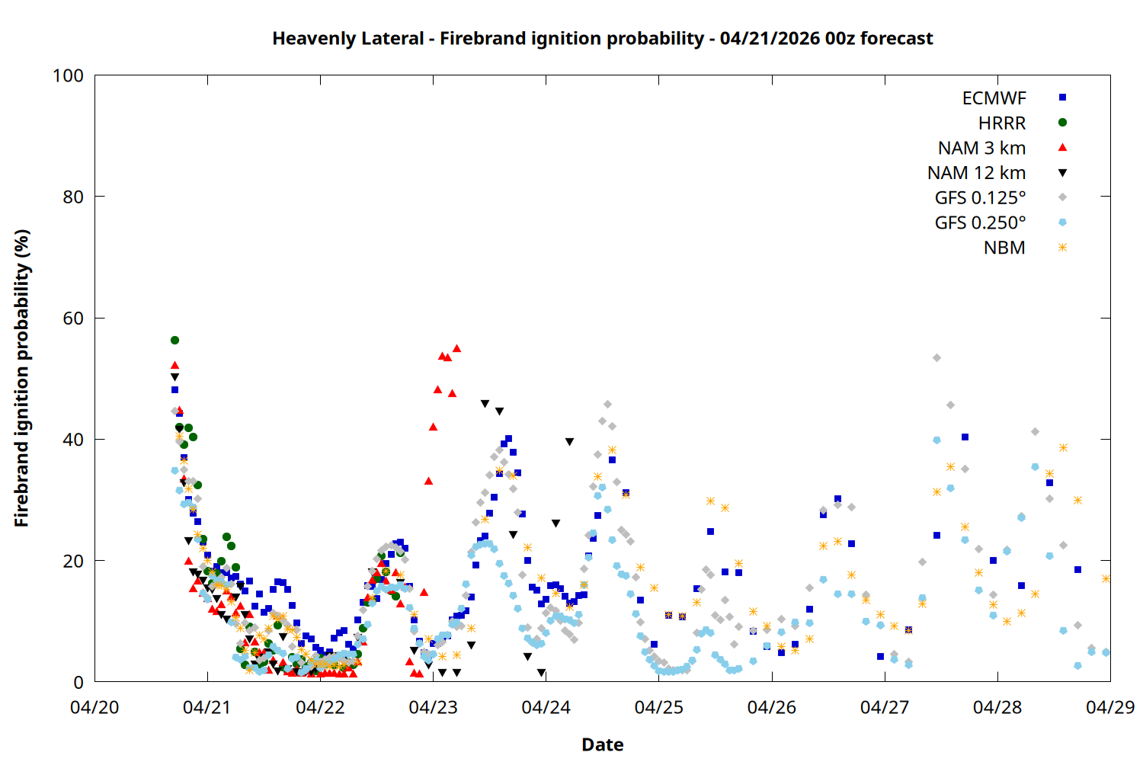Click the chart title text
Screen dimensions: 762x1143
click(602, 38)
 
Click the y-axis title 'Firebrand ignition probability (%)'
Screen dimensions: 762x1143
click(21, 378)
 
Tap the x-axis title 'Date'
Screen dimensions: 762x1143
click(602, 744)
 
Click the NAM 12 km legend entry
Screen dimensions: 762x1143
click(976, 173)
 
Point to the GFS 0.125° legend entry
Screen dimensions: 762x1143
click(980, 198)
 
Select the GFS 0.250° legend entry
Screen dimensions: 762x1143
click(980, 223)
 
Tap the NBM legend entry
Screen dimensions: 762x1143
click(1004, 248)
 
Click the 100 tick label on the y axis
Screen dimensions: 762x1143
click(68, 75)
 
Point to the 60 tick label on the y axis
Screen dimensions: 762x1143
click(73, 318)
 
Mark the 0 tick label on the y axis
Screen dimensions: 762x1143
click(78, 682)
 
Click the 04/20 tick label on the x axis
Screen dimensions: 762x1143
click(94, 707)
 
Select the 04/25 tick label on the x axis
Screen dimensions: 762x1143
click(658, 707)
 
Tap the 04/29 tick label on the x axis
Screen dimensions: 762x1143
click(1109, 707)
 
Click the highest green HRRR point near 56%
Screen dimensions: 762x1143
click(174, 340)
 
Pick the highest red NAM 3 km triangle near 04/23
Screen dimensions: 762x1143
click(457, 348)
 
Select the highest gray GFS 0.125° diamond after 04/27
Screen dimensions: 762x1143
click(936, 357)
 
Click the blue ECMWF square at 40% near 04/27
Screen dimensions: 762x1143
click(965, 437)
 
